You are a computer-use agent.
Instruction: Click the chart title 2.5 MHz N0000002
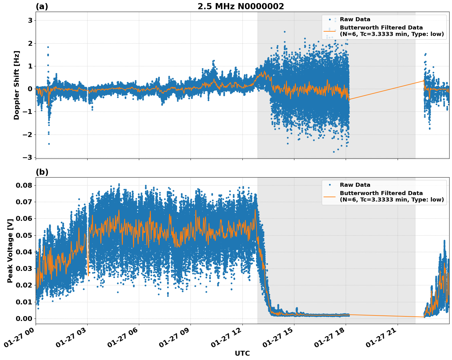(241, 6)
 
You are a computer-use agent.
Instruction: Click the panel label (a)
(42, 6)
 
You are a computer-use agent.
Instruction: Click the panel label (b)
(42, 172)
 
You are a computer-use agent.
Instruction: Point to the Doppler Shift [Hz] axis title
(17, 85)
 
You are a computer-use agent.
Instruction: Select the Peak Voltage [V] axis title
(10, 251)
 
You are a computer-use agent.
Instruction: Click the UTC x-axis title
(242, 353)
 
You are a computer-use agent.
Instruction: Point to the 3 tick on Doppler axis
(30, 20)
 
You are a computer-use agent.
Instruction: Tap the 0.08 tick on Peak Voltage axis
(24, 185)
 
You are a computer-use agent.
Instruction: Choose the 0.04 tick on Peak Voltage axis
(24, 252)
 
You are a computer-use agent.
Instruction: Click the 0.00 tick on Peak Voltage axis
(24, 319)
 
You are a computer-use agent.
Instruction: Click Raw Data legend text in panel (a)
(355, 19)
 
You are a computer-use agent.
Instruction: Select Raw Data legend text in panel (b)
(355, 185)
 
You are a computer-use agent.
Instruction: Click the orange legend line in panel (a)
(329, 31)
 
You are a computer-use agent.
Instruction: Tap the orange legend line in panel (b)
(329, 197)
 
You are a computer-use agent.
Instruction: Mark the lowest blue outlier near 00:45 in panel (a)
(49, 144)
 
